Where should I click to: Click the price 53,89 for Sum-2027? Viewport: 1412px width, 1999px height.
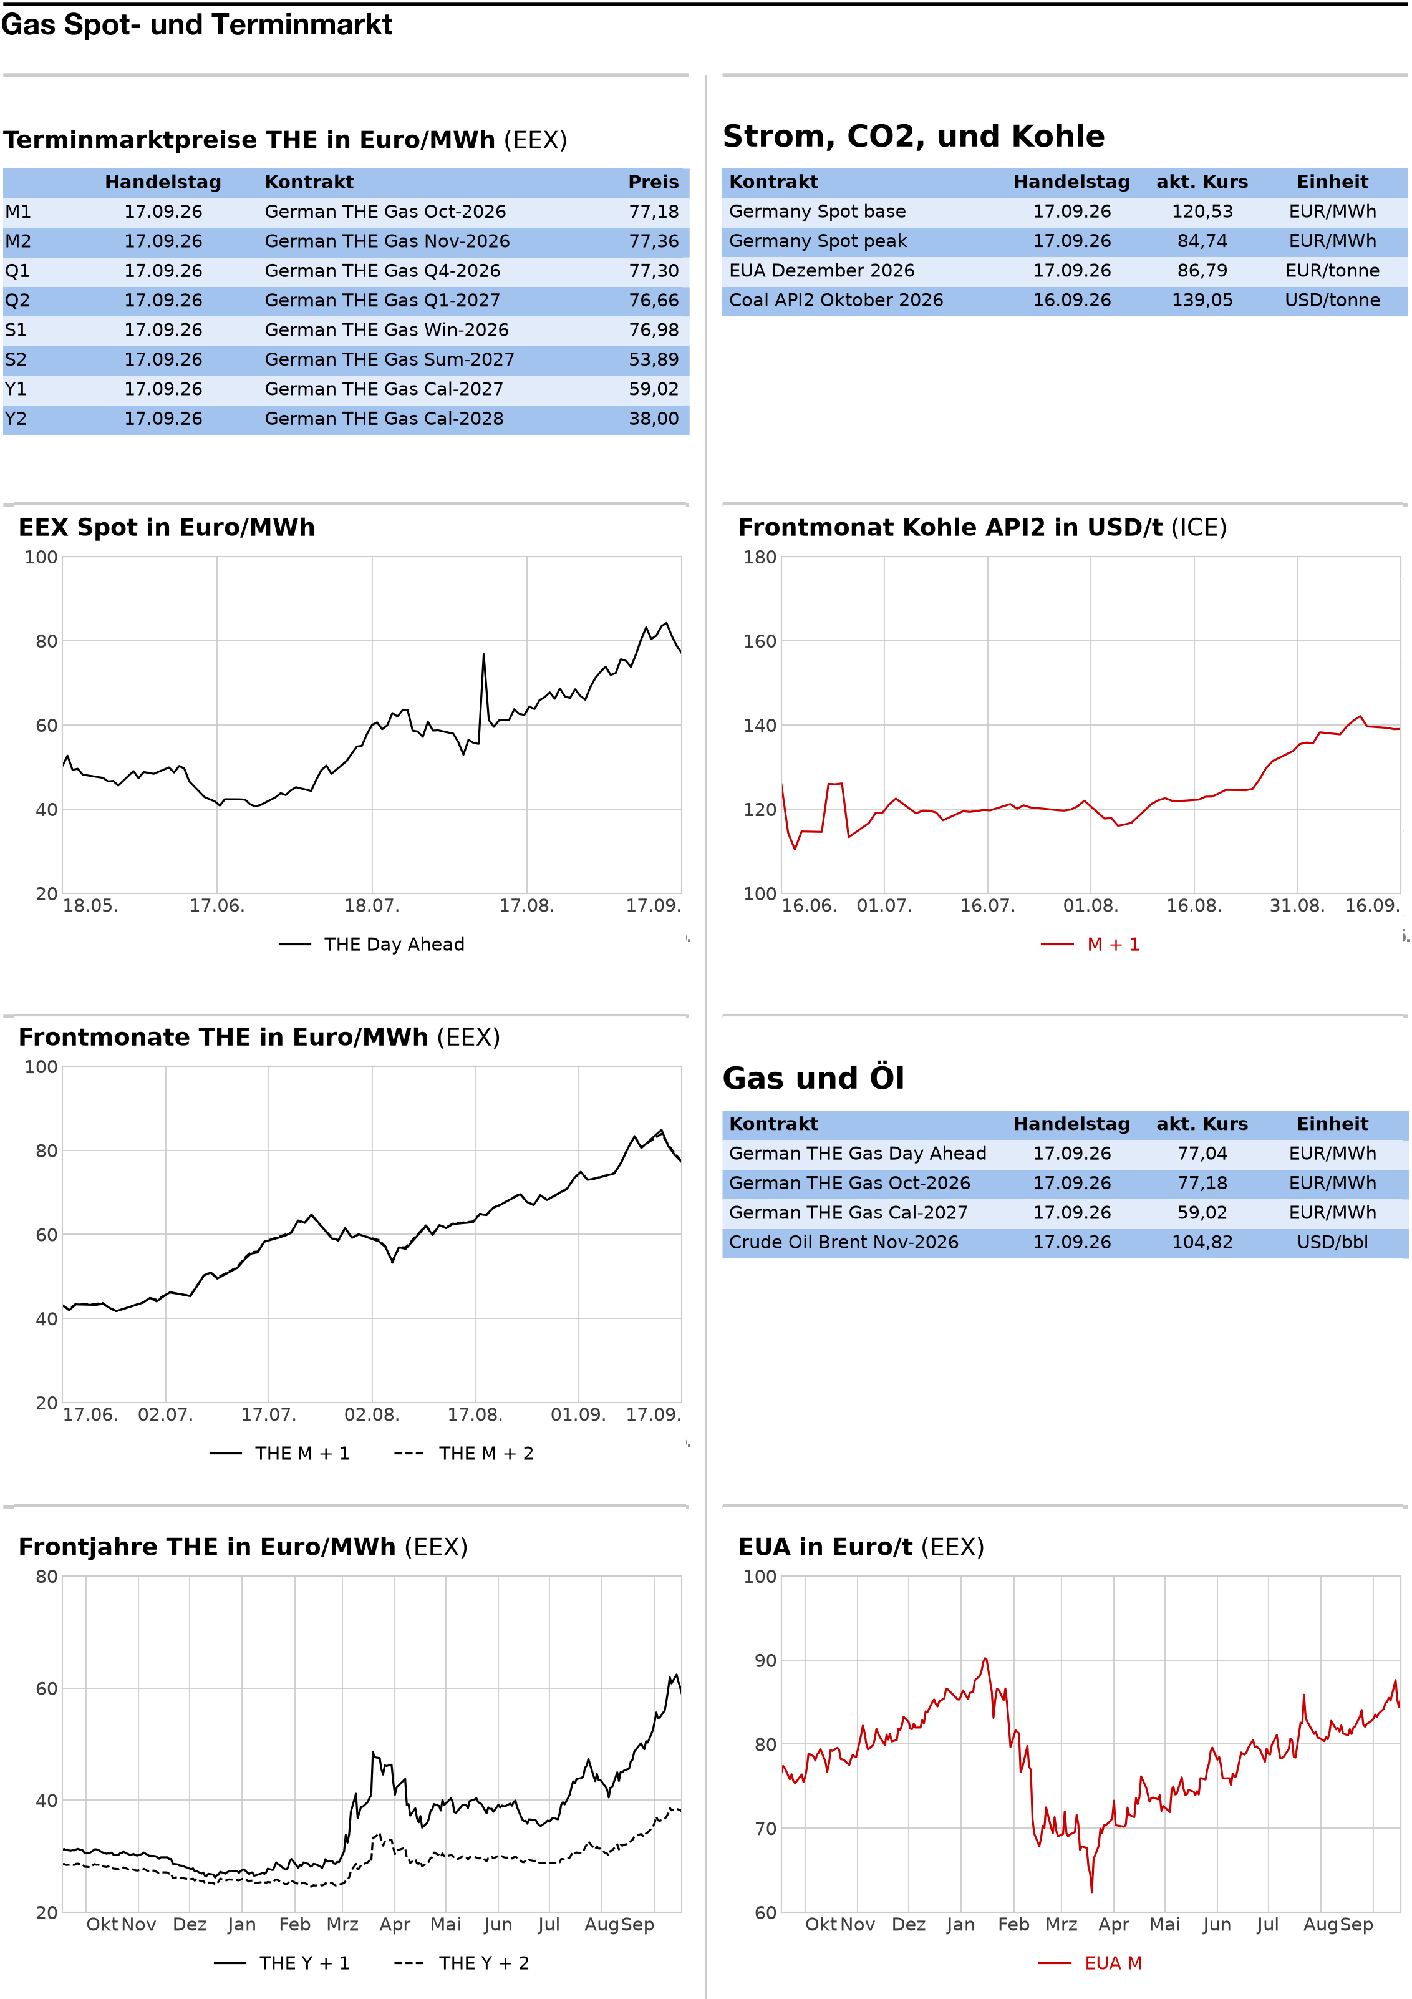(653, 359)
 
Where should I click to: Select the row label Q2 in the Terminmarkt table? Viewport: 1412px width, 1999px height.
(17, 300)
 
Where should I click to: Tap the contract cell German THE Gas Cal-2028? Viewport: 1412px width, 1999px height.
(384, 419)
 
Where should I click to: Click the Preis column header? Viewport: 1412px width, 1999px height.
(653, 182)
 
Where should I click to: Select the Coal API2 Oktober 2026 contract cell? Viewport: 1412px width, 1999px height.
(836, 300)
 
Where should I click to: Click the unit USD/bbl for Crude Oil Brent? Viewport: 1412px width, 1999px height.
(1332, 1242)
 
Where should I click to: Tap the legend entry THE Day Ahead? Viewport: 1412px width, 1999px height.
(372, 945)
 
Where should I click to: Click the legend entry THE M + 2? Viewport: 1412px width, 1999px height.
(463, 1453)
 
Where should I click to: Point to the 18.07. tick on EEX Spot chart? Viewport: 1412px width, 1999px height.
(372, 905)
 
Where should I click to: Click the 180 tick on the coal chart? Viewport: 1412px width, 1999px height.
(759, 557)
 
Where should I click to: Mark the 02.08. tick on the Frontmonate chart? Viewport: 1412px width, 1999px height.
(372, 1415)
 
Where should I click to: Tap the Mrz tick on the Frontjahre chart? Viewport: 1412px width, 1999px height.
(342, 1925)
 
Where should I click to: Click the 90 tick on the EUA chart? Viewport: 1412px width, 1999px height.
(765, 1661)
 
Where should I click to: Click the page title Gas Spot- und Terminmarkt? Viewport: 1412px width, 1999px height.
(196, 24)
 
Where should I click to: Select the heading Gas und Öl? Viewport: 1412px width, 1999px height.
(813, 1078)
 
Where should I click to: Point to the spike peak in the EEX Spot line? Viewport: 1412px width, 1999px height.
(484, 654)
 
